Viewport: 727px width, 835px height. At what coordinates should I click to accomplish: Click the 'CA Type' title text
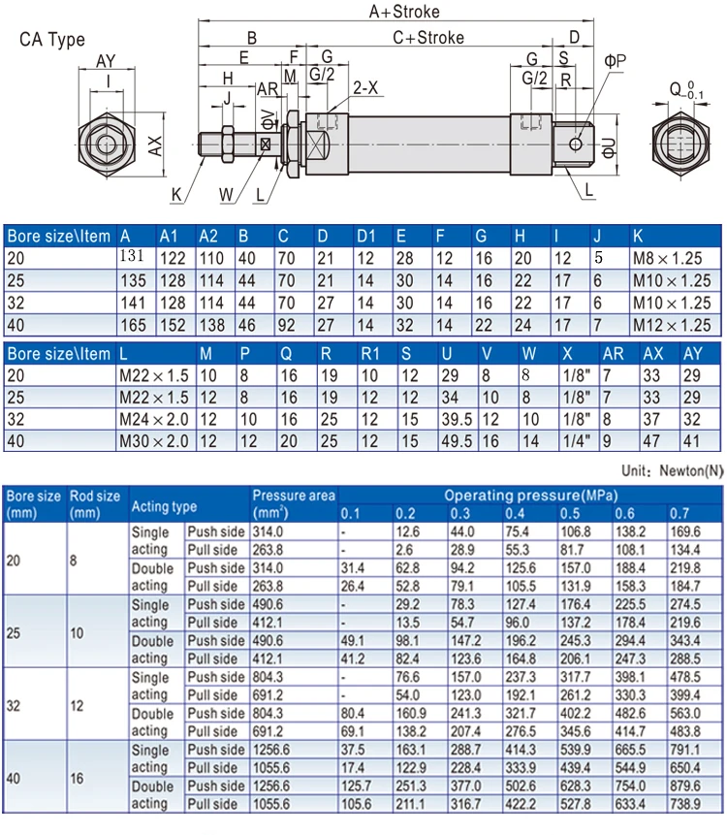click(52, 40)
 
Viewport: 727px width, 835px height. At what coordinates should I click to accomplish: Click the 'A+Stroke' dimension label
click(404, 12)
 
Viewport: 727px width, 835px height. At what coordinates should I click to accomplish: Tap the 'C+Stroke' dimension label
click(428, 38)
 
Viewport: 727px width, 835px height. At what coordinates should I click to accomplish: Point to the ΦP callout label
click(615, 61)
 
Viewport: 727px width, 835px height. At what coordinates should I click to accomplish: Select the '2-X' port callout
click(365, 87)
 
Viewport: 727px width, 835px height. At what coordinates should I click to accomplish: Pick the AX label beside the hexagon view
click(154, 145)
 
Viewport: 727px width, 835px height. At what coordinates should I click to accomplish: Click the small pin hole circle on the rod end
click(576, 144)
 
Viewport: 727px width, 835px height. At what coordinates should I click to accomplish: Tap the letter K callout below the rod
click(176, 195)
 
